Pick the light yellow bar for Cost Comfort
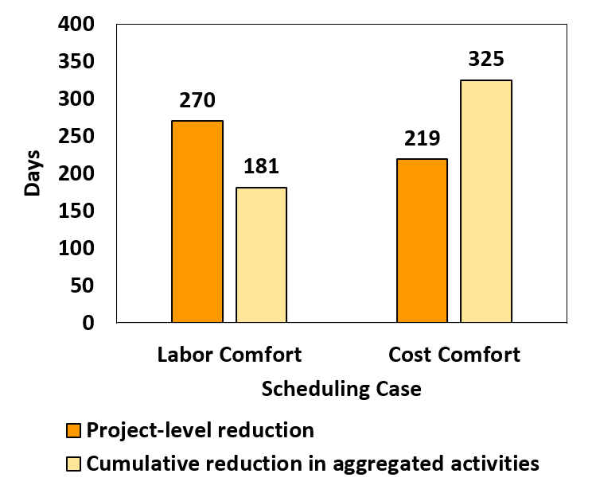(x=486, y=201)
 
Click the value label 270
(x=197, y=101)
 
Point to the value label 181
(x=261, y=168)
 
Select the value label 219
(x=422, y=139)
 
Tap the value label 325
(x=486, y=60)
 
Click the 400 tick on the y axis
(x=77, y=25)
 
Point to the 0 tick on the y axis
(x=88, y=323)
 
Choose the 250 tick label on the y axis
(x=77, y=137)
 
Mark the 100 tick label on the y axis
(x=77, y=249)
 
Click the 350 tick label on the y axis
(x=77, y=62)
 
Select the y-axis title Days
(x=33, y=173)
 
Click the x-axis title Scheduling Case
(x=341, y=390)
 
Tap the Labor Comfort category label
(x=230, y=354)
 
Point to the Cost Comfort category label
(x=454, y=354)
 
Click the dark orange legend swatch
(x=73, y=432)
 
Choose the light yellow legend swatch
(x=73, y=464)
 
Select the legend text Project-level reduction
(x=200, y=431)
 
